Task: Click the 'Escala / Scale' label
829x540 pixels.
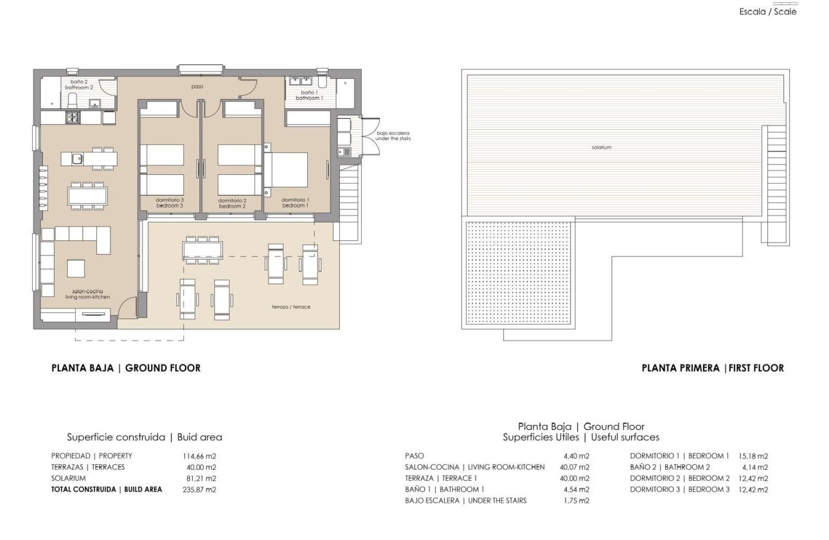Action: [768, 12]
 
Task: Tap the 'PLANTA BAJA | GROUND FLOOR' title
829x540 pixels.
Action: [126, 368]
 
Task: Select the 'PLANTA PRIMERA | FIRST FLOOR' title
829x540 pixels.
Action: [713, 368]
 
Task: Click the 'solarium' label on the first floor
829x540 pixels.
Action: [602, 147]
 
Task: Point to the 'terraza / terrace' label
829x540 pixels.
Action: [290, 307]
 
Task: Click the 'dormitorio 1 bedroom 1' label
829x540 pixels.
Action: [296, 203]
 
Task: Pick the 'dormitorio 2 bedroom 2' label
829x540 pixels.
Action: [233, 203]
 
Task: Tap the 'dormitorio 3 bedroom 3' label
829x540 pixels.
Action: [170, 203]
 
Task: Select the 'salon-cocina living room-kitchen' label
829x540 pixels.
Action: [88, 294]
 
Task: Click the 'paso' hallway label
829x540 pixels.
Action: [197, 86]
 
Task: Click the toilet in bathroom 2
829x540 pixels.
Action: [72, 100]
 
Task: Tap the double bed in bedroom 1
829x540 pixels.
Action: [286, 169]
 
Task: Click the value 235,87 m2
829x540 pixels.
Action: [199, 489]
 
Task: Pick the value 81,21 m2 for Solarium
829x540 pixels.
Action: [199, 478]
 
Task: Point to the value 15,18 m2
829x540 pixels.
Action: [754, 456]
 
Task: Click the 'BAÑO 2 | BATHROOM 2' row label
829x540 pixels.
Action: [670, 467]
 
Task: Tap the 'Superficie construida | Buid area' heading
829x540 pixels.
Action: [145, 437]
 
